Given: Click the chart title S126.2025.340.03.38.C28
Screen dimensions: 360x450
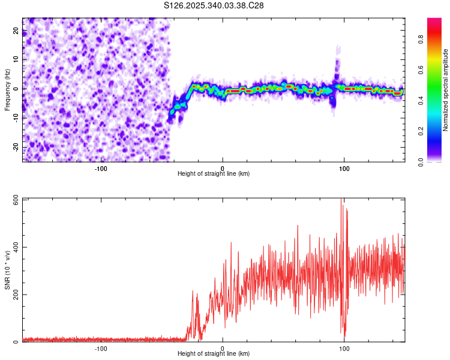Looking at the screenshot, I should [214, 5].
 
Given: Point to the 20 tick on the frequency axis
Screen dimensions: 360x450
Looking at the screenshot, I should [16, 31].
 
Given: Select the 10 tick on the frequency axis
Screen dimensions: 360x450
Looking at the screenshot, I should [16, 60].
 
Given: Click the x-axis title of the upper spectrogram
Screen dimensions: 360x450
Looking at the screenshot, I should [214, 174].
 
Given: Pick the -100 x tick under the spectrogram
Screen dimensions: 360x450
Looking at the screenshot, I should [101, 168].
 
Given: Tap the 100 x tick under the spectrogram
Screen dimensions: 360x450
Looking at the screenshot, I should [344, 168].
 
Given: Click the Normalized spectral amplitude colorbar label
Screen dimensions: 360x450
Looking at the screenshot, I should [446, 90].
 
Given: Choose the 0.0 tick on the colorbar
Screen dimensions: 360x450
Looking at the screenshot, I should [421, 161].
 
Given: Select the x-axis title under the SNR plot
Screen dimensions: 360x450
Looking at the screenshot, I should [214, 354].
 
